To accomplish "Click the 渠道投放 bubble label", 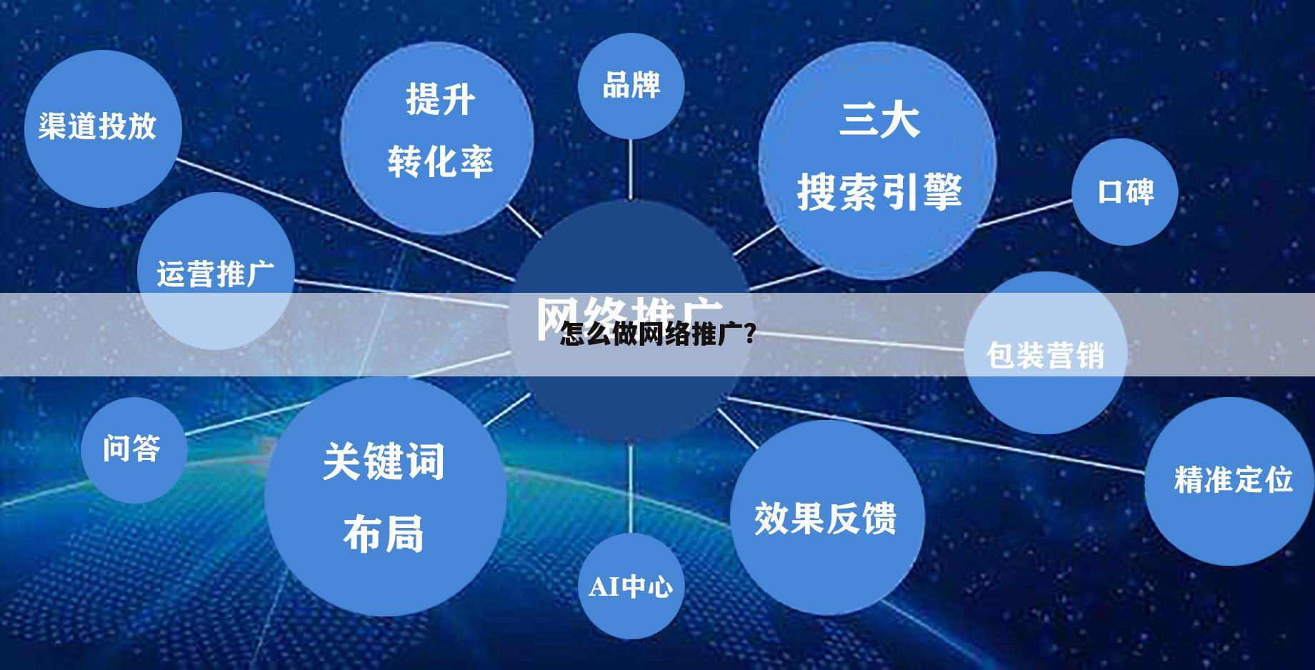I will [98, 126].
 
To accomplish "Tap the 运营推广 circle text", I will [215, 274].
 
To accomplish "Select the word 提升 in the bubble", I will [440, 99].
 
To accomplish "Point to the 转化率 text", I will [440, 161].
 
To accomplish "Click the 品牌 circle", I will [631, 86].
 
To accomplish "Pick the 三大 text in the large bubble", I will [879, 119].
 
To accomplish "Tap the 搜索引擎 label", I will [879, 191].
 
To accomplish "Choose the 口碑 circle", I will [1125, 191].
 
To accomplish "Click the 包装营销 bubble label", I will [1045, 355].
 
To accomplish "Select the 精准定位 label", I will [1233, 479].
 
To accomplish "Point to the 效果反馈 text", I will [825, 518].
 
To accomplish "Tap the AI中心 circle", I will [631, 586].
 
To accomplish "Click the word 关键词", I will [384, 461].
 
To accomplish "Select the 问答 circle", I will [132, 449].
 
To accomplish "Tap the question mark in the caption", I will [749, 334].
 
